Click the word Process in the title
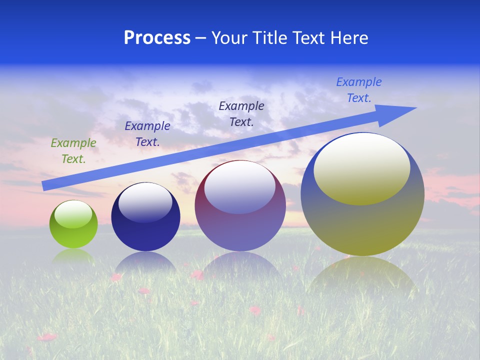(157, 38)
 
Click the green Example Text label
(73, 151)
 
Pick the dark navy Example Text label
(147, 134)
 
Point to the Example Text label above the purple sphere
(241, 113)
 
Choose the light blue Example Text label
(359, 90)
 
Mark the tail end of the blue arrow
(45, 185)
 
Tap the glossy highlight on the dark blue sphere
(145, 203)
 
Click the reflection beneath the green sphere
(73, 256)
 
